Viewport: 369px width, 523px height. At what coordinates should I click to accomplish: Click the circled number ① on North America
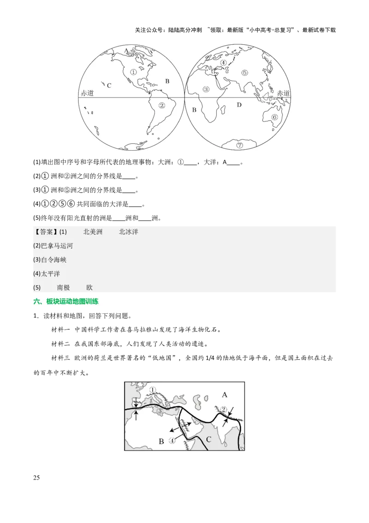[x=133, y=72]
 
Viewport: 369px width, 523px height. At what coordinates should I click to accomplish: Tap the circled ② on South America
[x=161, y=105]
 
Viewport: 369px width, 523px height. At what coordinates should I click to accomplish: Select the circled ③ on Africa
[x=206, y=89]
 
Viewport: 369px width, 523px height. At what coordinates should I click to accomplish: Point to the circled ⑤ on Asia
[x=244, y=73]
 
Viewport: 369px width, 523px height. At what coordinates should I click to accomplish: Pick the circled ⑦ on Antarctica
[x=239, y=145]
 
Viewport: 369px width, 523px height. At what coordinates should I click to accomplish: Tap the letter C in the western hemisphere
[x=109, y=85]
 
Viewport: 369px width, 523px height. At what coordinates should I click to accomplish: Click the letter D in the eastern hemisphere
[x=239, y=105]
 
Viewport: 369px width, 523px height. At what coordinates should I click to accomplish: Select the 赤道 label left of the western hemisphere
[x=87, y=93]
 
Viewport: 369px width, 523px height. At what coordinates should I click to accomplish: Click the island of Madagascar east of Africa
[x=224, y=109]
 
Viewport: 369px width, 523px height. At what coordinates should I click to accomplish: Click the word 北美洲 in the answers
[x=93, y=232]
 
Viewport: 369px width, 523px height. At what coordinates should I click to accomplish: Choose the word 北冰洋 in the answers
[x=129, y=232]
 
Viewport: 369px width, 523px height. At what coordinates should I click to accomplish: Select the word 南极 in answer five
[x=64, y=287]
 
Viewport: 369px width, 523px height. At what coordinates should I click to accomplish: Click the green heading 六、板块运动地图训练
[x=66, y=302]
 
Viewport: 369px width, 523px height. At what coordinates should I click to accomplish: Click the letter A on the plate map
[x=225, y=395]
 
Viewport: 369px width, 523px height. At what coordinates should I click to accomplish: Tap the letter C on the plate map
[x=208, y=439]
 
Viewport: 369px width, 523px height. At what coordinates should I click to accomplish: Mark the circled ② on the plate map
[x=224, y=409]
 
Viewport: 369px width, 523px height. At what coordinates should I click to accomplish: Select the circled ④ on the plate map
[x=172, y=441]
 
